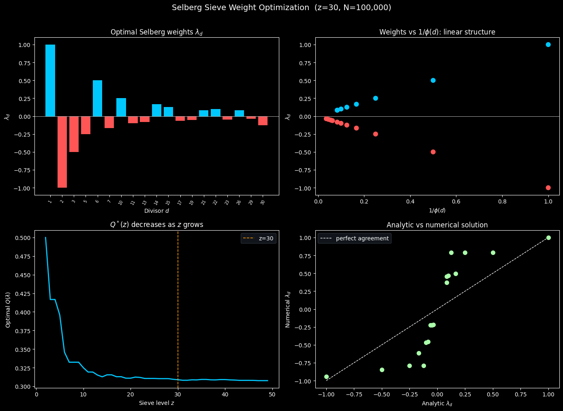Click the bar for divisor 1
[x=50, y=80]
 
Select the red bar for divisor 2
[x=62, y=152]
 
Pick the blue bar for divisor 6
[x=97, y=98]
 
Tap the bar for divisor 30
[x=263, y=121]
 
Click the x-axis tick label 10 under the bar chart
[x=120, y=202]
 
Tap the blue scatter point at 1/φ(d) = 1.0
[x=548, y=45]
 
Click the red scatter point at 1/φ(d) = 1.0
[x=548, y=188]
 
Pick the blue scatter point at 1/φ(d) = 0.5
[x=433, y=80]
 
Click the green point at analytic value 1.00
[x=548, y=238]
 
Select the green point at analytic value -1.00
[x=326, y=377]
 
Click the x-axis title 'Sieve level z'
[x=156, y=403]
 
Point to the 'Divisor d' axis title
[x=156, y=211]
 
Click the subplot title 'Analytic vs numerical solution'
[x=437, y=225]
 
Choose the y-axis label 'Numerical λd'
[x=288, y=309]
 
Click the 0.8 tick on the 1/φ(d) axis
[x=502, y=201]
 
